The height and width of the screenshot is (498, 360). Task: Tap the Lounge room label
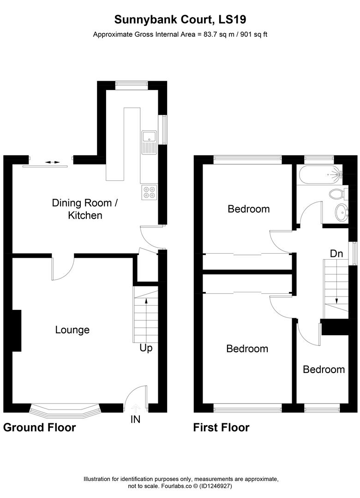tap(72, 330)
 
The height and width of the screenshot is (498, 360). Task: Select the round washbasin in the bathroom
tap(341, 213)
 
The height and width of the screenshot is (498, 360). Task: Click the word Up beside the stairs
tap(146, 348)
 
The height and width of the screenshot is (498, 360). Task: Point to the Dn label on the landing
tap(336, 253)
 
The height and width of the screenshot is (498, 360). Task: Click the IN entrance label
tap(136, 419)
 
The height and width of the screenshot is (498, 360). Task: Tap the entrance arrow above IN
tap(136, 408)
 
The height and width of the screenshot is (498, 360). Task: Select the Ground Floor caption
tap(39, 427)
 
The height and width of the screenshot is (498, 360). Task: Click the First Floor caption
tap(221, 427)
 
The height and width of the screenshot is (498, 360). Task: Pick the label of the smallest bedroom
tap(324, 369)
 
